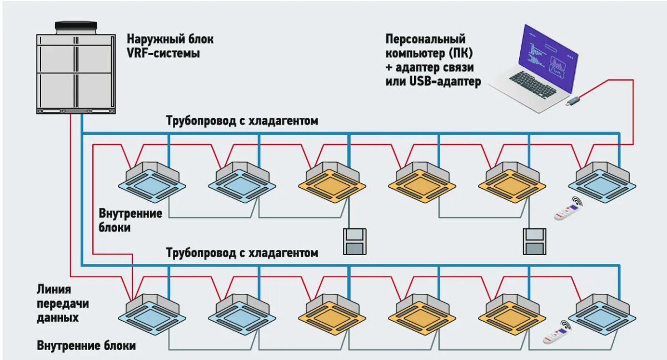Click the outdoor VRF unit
pos(76,72)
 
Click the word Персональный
pos(425,39)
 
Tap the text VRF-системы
pos(163,54)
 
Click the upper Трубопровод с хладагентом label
pos(242,121)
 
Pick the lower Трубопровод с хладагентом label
pos(242,253)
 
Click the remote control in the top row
pos(568,209)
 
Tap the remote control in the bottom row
pos(556,334)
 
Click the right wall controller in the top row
pos(535,241)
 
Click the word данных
pos(58,318)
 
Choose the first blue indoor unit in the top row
pos(152,184)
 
